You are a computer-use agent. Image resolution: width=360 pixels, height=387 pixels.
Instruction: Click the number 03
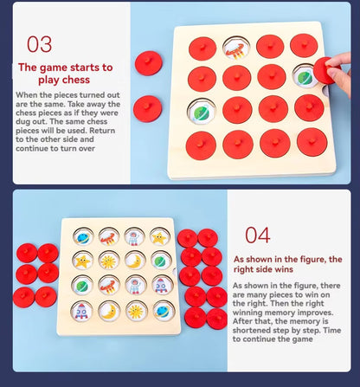(x=40, y=44)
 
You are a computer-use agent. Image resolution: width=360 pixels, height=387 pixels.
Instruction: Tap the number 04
(x=258, y=235)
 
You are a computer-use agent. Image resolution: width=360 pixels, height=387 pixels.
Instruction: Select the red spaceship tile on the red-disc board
(x=236, y=48)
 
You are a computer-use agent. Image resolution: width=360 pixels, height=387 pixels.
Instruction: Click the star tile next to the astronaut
(x=159, y=238)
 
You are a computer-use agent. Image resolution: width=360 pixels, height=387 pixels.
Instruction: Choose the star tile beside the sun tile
(x=83, y=261)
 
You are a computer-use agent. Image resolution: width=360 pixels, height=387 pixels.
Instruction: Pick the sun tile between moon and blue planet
(x=137, y=312)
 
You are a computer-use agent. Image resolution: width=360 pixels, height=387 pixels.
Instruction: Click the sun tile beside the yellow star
(x=109, y=261)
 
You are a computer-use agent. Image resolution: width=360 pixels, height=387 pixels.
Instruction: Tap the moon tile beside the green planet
(x=135, y=261)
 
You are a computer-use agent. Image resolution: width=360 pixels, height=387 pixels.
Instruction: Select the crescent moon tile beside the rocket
(x=109, y=312)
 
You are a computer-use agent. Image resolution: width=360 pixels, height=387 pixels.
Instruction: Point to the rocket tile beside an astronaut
(x=163, y=285)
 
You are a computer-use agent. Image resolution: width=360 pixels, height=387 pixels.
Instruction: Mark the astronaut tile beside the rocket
(x=135, y=285)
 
